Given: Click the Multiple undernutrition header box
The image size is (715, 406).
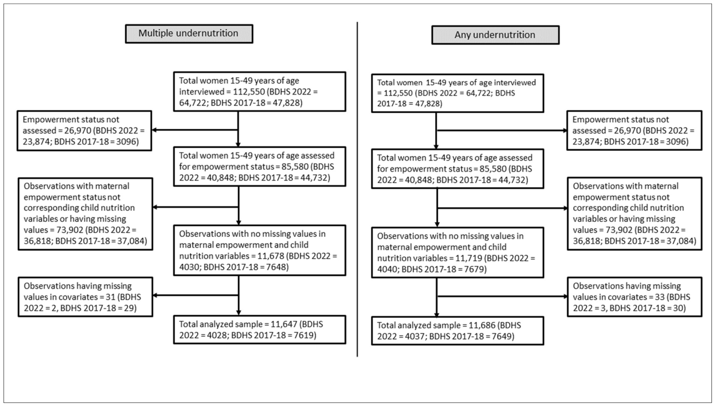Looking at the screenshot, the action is point(189,33).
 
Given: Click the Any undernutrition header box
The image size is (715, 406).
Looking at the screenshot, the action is point(495,35).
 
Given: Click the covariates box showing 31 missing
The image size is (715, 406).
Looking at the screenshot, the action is point(85,297).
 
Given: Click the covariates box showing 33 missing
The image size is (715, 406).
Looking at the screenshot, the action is point(635,297).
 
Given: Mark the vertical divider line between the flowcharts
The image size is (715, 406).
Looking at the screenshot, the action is point(357,189).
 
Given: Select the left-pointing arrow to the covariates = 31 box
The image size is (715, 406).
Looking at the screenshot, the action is point(195,295).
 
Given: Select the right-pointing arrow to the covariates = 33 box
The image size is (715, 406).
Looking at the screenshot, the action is point(502,296).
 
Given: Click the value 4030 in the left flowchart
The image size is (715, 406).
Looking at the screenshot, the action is point(189,267).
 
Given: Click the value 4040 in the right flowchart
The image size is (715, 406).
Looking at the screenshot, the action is point(387,269).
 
